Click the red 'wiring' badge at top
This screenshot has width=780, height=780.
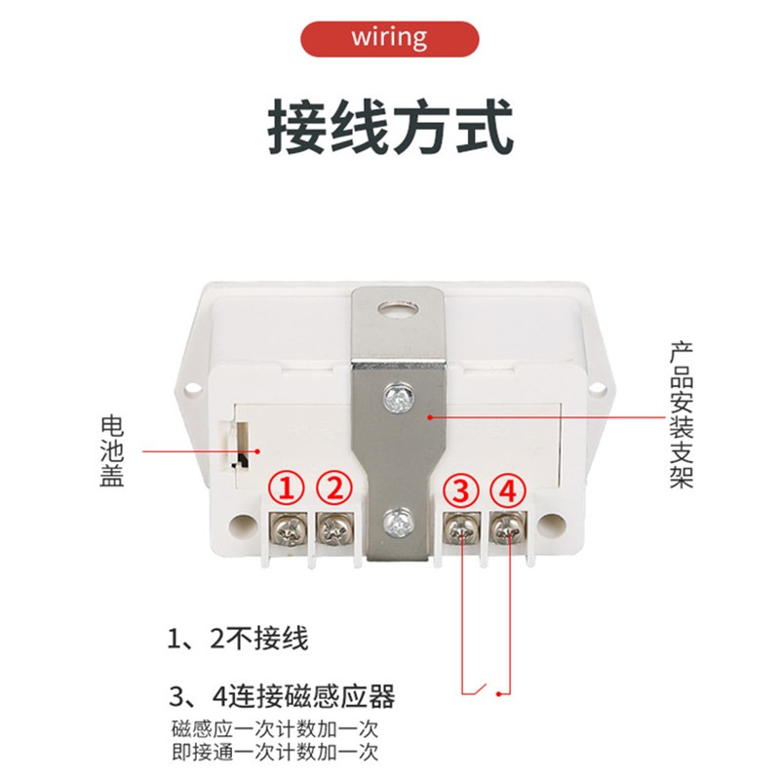tap(390, 38)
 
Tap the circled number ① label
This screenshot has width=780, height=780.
tap(288, 485)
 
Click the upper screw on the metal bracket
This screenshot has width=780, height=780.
tap(398, 396)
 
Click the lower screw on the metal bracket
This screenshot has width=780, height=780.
tap(398, 524)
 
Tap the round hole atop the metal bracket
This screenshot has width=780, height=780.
tap(398, 312)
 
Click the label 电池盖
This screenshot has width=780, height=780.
tap(113, 452)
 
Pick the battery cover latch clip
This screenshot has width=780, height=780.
tap(238, 450)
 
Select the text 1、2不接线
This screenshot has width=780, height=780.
tap(238, 640)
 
